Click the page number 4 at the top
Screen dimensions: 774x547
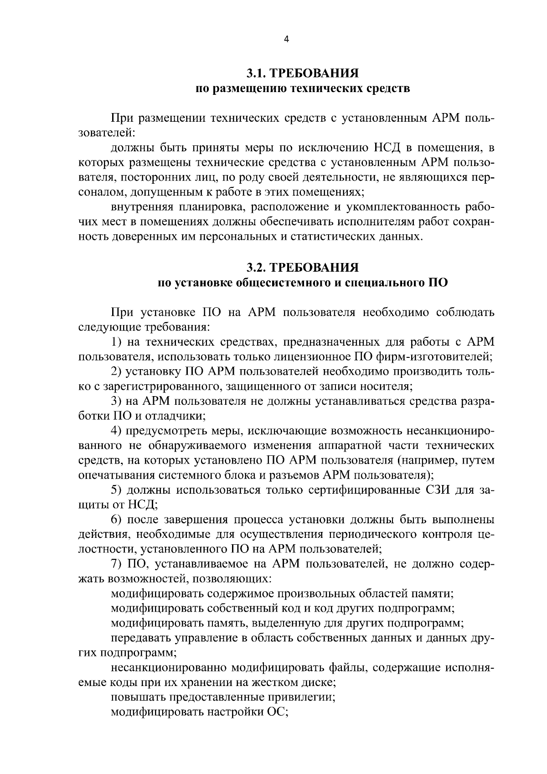pos(286,39)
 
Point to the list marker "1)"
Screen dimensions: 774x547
pos(117,342)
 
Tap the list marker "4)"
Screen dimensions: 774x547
pos(117,431)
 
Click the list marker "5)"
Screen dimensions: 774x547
pos(117,490)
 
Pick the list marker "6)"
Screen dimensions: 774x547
pos(117,520)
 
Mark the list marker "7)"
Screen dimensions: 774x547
pos(117,564)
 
